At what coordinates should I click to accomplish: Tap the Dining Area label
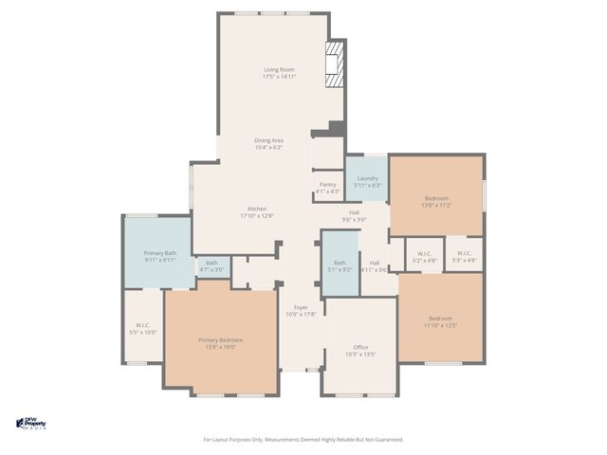tap(268, 140)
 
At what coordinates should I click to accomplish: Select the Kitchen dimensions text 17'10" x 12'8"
tap(257, 216)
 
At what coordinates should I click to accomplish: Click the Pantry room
tap(327, 188)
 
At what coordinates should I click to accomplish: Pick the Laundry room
tap(367, 181)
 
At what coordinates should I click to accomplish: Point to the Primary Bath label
tap(159, 253)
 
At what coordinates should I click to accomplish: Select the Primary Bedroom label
tap(220, 339)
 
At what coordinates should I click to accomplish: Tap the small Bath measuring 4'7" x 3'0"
tap(212, 266)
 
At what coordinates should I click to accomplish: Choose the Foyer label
tap(300, 307)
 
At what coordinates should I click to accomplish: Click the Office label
tap(360, 347)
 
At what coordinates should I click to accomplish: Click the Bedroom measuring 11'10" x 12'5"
tap(441, 321)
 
